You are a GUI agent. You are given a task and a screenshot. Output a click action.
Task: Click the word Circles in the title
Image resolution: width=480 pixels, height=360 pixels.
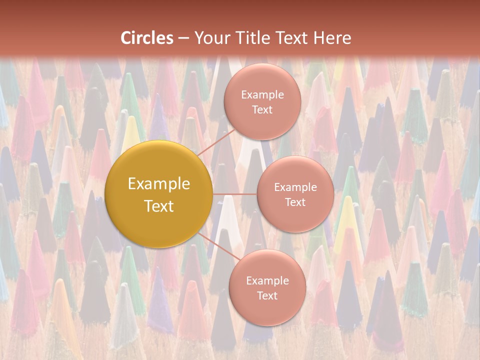(x=147, y=38)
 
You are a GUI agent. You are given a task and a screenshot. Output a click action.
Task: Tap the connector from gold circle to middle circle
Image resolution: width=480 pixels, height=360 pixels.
(x=235, y=194)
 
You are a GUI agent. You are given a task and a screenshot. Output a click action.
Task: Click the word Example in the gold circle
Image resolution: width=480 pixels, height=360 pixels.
(x=159, y=184)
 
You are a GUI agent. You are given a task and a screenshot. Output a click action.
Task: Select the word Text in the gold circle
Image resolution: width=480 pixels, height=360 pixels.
(x=159, y=206)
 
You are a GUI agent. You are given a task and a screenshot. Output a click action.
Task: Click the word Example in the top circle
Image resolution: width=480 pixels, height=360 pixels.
(x=262, y=95)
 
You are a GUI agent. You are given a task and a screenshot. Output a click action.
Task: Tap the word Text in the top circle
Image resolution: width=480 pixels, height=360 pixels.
(x=262, y=110)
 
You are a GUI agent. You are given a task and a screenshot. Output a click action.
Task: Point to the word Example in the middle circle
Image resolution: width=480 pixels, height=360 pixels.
(x=295, y=187)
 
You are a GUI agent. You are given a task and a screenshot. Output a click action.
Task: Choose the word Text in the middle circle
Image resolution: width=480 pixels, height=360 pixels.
(x=295, y=202)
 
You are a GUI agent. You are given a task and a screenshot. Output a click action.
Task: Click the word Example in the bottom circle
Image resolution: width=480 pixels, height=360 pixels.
(x=267, y=281)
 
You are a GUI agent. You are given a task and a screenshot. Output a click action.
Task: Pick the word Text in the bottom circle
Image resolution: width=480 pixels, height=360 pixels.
(x=267, y=296)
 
